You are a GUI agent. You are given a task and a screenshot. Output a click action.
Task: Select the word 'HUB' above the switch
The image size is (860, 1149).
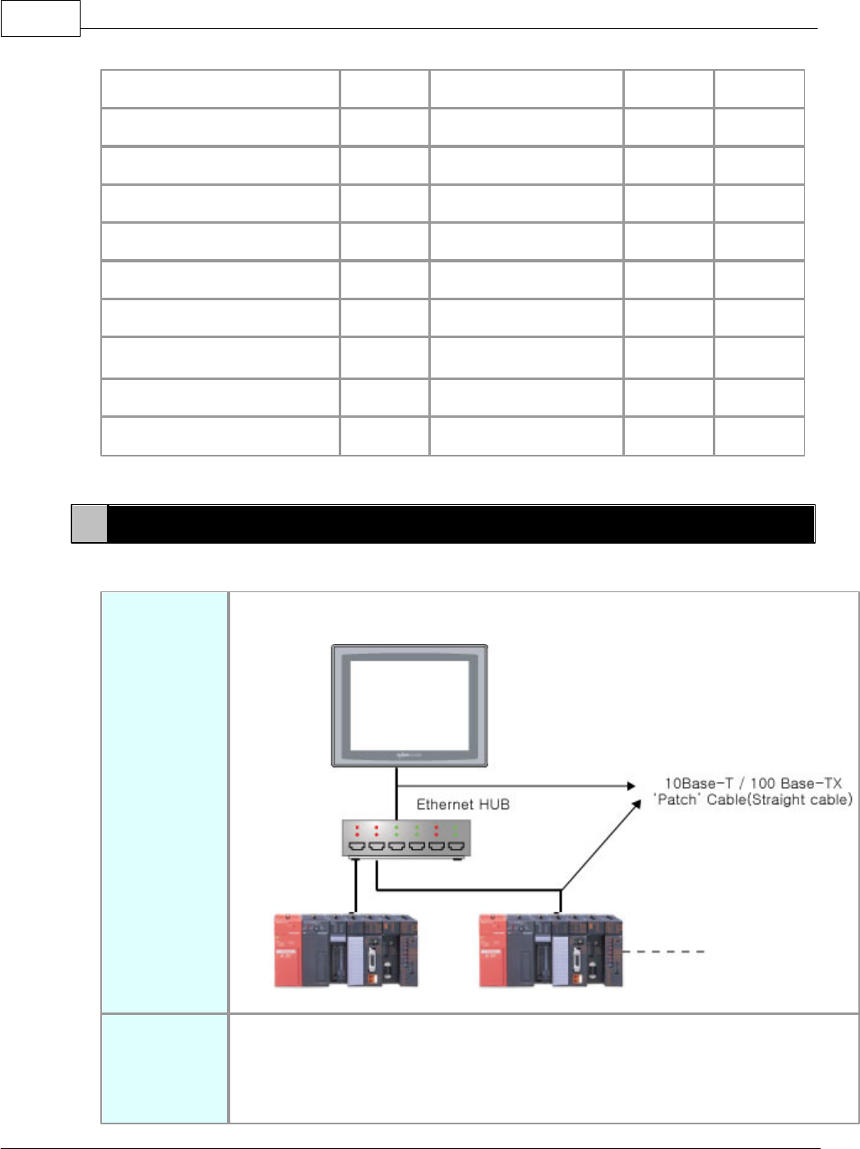[x=495, y=804]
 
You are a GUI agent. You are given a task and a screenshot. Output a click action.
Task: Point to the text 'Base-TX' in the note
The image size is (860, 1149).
[x=812, y=784]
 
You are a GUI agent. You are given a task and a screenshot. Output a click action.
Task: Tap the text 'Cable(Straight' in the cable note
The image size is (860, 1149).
[x=756, y=799]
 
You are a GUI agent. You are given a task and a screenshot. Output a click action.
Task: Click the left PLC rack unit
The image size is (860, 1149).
[x=346, y=950]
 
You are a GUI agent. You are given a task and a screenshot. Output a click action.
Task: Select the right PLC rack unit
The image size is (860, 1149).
[x=551, y=950]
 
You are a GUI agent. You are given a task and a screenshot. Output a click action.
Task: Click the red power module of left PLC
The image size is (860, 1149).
[x=287, y=950]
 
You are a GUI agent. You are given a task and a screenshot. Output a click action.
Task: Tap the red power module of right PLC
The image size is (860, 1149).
[x=492, y=950]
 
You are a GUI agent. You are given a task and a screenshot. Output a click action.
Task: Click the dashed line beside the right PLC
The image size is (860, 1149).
[x=665, y=952]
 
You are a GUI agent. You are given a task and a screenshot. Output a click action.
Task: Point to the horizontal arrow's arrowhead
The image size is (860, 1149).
[x=631, y=786]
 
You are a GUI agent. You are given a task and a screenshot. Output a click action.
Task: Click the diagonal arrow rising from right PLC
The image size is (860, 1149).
[x=600, y=847]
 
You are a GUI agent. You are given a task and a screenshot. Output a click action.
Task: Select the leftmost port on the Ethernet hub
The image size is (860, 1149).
[x=357, y=846]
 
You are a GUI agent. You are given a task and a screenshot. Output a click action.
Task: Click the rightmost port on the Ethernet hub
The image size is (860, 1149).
[x=455, y=846]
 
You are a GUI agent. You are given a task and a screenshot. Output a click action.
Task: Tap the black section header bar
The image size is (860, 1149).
[x=460, y=524]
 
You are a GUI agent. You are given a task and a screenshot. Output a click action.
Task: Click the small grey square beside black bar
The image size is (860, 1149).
[x=90, y=524]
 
